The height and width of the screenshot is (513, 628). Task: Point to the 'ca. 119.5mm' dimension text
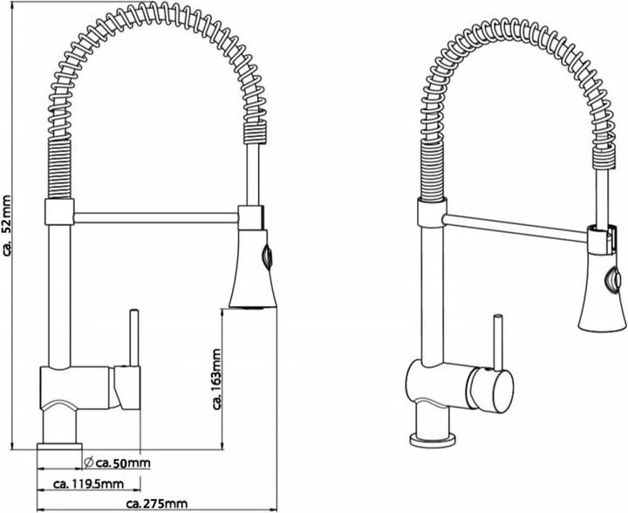point(88,483)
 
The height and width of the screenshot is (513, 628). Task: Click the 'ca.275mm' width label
point(157,503)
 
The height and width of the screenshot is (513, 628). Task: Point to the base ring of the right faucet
point(433,440)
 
